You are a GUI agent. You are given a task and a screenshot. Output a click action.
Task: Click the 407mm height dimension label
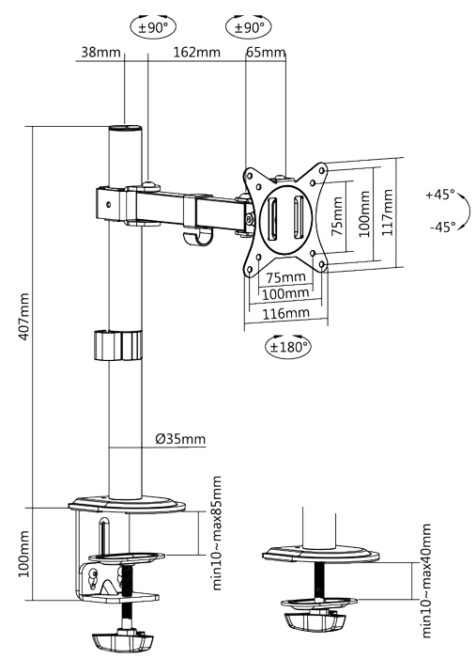(24, 317)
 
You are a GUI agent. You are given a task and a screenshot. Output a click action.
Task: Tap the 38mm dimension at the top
(100, 52)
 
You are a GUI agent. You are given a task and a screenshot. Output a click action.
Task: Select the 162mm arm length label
(197, 52)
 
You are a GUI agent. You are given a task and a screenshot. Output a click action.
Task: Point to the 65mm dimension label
(266, 52)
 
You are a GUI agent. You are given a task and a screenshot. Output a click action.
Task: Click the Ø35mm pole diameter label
(180, 439)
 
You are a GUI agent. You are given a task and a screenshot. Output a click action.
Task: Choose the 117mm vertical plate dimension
(388, 212)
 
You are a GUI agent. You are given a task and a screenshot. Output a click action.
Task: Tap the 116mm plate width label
(285, 313)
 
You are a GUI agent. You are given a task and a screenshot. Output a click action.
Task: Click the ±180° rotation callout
(288, 347)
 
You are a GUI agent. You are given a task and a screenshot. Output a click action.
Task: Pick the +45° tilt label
(440, 195)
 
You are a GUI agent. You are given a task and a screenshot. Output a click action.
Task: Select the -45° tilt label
(442, 227)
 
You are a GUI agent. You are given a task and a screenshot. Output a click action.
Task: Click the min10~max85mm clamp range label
(217, 533)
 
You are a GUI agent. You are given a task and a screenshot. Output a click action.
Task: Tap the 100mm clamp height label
(24, 554)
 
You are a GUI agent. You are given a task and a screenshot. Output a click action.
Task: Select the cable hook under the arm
(196, 238)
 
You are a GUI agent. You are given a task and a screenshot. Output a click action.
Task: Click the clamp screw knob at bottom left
(123, 640)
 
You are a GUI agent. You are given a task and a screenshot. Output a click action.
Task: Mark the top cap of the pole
(125, 128)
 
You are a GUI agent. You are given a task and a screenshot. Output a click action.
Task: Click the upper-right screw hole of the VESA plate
(322, 170)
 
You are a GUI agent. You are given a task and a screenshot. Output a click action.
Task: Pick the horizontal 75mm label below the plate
(285, 277)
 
